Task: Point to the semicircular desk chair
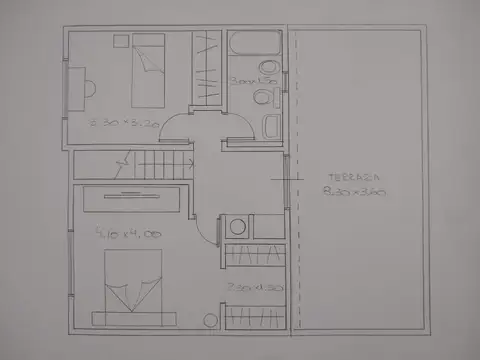click(x=89, y=84)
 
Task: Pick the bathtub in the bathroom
click(x=256, y=49)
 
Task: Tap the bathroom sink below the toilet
click(x=270, y=126)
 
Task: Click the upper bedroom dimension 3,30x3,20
click(x=125, y=123)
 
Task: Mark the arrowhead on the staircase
click(x=123, y=158)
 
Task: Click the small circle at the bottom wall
click(x=210, y=319)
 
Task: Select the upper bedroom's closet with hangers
click(x=205, y=67)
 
